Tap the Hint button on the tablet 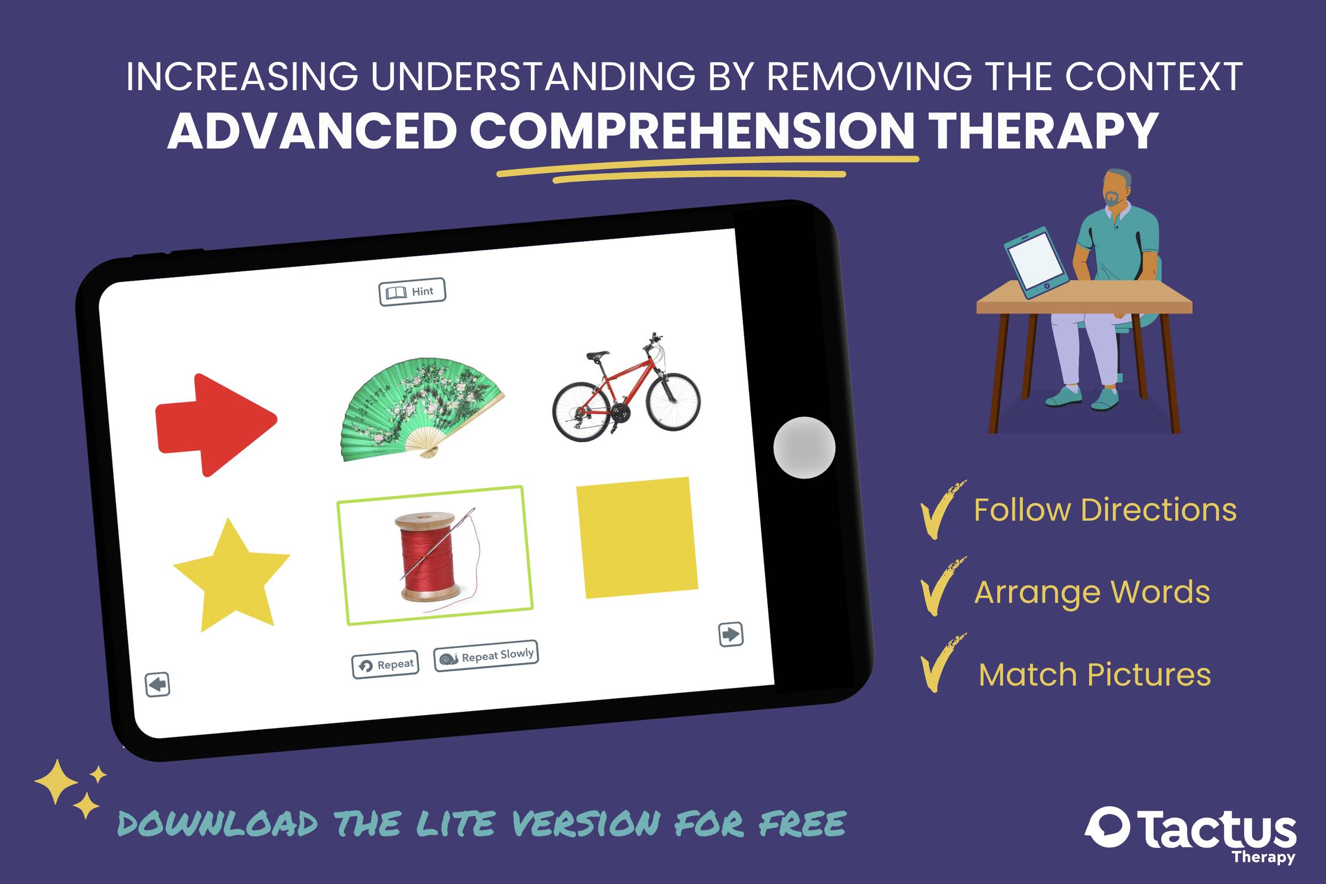pos(412,292)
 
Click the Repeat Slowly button pos(486,656)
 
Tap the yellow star pos(231,575)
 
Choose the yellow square pos(637,537)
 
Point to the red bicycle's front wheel pos(673,402)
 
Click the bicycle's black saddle pos(598,356)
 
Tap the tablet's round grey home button pos(804,448)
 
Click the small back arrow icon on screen pos(157,685)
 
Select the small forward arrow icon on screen pos(731,634)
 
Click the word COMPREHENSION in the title pos(692,131)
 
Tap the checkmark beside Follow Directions pos(941,509)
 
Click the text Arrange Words pos(1092,592)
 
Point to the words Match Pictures pos(1095,674)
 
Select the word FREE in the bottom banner pos(802,824)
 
